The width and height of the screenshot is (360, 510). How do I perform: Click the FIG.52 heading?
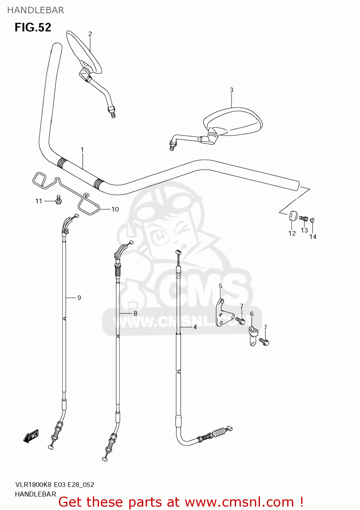point(33,27)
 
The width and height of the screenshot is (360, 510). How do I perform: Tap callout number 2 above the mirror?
point(90,34)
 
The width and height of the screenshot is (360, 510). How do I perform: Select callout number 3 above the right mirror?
point(231,90)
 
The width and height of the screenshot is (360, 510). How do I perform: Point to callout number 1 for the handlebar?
point(82,150)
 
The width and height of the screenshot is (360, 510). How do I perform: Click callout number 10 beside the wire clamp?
point(115,209)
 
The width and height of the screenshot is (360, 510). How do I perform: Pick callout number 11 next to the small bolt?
point(39,201)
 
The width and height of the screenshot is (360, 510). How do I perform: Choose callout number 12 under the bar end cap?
point(292,233)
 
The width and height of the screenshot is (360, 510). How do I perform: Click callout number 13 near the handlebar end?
point(304,230)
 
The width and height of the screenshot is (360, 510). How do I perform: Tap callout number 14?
point(313,237)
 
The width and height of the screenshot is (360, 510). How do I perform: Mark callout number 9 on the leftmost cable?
point(79,298)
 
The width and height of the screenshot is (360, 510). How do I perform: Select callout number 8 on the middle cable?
point(135,313)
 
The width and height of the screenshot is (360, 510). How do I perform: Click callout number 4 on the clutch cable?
point(195,327)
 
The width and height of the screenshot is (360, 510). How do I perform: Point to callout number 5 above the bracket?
point(220,286)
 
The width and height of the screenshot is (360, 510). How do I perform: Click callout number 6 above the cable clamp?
point(252,314)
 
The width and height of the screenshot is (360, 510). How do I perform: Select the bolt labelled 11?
point(59,200)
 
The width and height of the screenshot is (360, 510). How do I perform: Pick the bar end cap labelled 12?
point(293,216)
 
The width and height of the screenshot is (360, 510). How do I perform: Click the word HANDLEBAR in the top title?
point(35,10)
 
